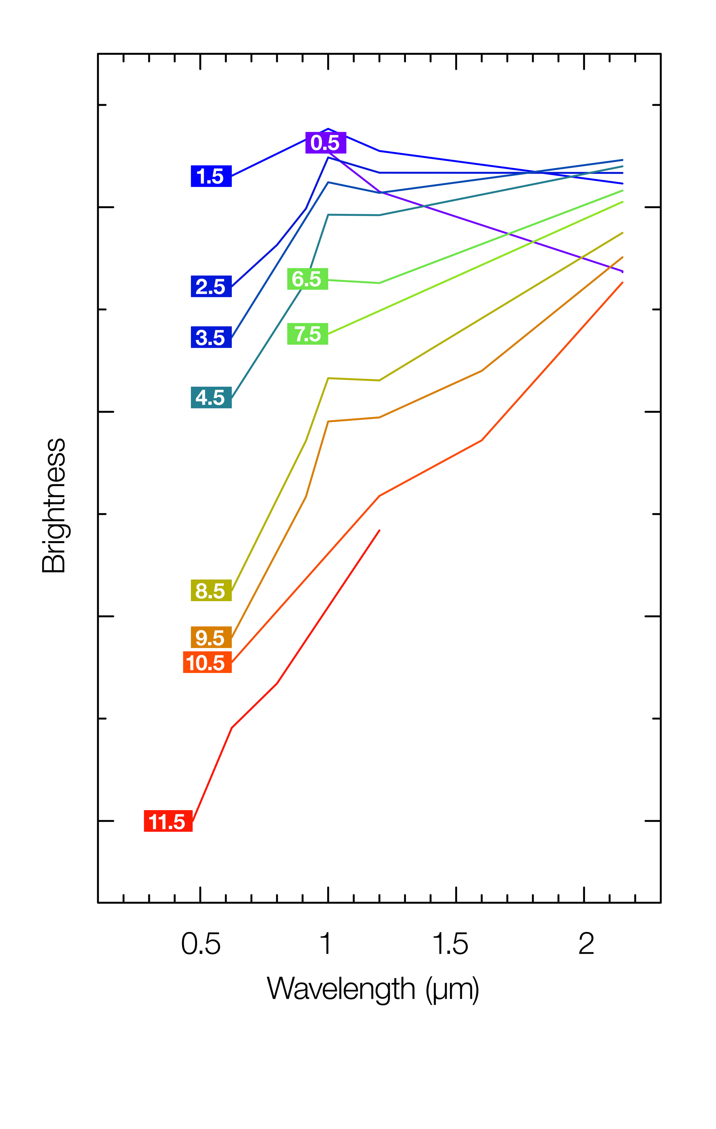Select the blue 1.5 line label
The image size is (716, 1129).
(x=211, y=176)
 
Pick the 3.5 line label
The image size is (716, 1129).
(x=211, y=337)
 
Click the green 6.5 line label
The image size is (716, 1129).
(x=307, y=279)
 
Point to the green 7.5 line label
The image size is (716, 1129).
(x=307, y=334)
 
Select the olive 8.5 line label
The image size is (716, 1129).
(x=211, y=591)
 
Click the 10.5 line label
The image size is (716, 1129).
(x=207, y=662)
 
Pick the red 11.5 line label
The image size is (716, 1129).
(x=168, y=821)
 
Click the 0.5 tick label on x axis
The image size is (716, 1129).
(x=201, y=944)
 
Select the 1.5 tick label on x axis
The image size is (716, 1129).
(x=450, y=944)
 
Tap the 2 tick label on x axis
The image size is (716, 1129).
(x=586, y=944)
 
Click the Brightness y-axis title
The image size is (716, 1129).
(x=54, y=506)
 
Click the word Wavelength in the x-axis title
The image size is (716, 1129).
(x=341, y=989)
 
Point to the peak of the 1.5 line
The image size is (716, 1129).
(x=328, y=128)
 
